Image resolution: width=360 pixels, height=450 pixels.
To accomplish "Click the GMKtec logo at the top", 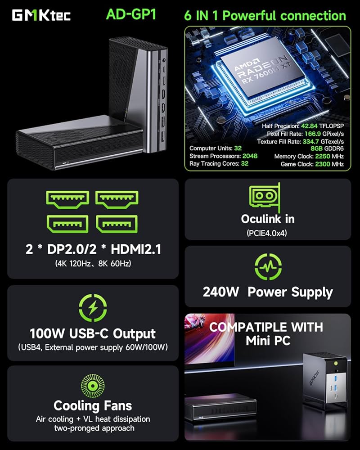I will [41, 15].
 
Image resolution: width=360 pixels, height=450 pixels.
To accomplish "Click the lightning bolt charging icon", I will [93, 308].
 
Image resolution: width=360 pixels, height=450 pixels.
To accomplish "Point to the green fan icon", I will [93, 384].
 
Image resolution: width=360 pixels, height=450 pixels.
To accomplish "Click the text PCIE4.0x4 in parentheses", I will [268, 234].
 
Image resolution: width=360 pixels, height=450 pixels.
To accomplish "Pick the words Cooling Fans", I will [93, 405].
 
